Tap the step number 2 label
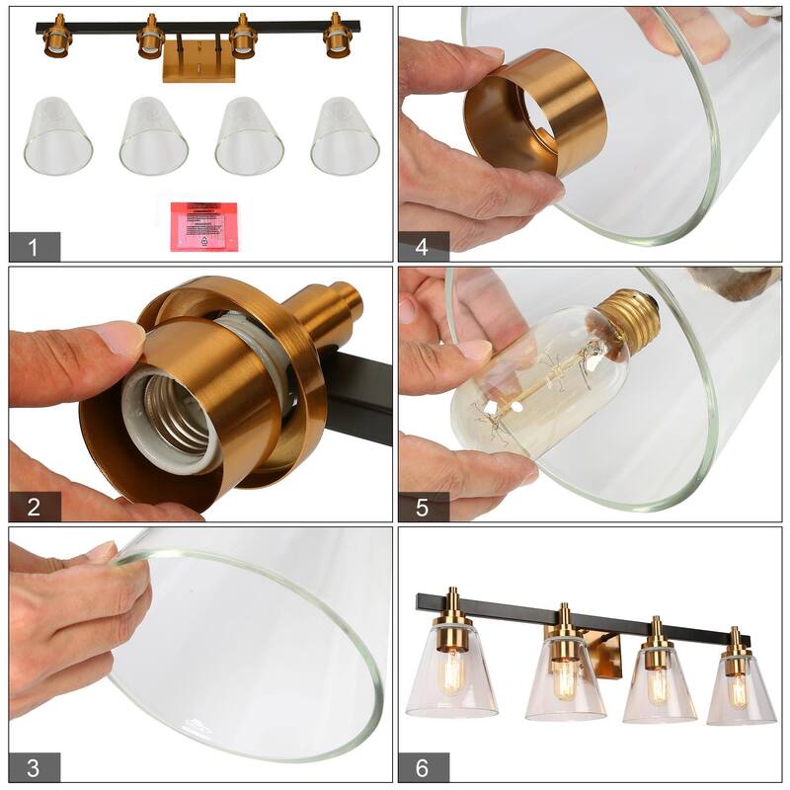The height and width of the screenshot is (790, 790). (34, 508)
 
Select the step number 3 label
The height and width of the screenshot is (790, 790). (34, 767)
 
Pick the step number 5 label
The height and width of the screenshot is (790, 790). (423, 508)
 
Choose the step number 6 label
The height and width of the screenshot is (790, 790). (423, 767)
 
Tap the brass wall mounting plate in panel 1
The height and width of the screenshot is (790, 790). (198, 61)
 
